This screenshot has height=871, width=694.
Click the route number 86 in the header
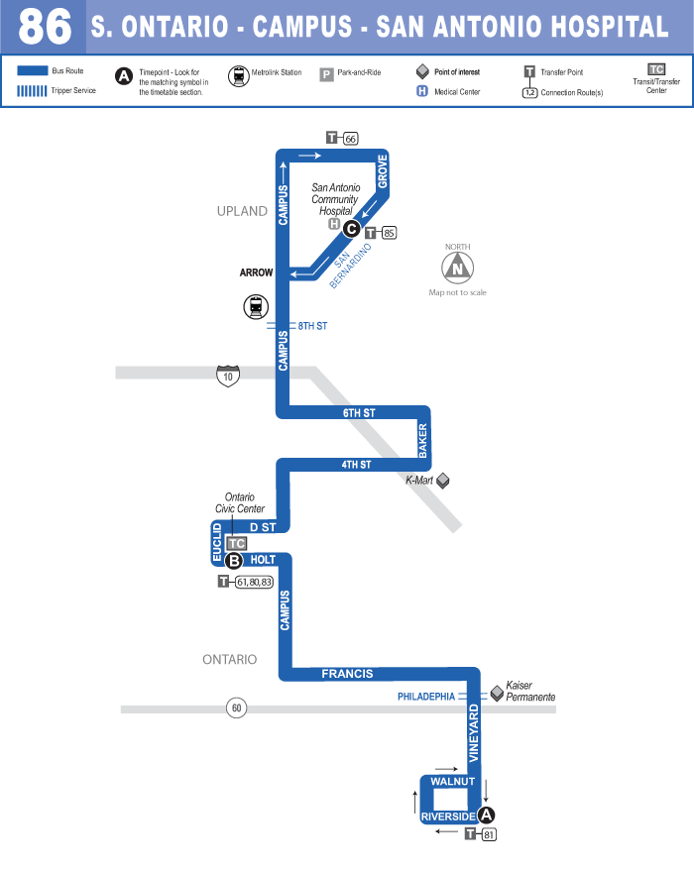click(45, 27)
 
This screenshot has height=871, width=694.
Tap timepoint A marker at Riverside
click(486, 816)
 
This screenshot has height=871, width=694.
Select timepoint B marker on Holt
click(234, 561)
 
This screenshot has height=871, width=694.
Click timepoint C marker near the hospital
click(351, 227)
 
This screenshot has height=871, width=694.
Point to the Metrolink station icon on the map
click(256, 307)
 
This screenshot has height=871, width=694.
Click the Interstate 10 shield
click(229, 376)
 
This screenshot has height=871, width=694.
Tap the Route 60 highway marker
click(236, 708)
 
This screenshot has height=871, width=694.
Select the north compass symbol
click(457, 266)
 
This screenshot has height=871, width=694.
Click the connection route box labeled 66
click(350, 139)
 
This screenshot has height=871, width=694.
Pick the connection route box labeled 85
click(389, 233)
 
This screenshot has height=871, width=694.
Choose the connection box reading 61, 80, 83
click(253, 582)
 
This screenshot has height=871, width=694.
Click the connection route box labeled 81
click(488, 835)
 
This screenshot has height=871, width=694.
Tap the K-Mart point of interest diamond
click(443, 481)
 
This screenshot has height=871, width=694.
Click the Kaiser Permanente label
click(529, 691)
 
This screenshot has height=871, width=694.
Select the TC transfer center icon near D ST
click(236, 543)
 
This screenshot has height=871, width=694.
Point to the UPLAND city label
click(242, 211)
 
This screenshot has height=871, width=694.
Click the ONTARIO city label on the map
click(229, 659)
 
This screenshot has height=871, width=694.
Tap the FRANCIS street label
click(347, 674)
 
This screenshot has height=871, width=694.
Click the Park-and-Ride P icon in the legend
click(326, 73)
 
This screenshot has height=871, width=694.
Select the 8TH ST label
click(312, 326)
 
